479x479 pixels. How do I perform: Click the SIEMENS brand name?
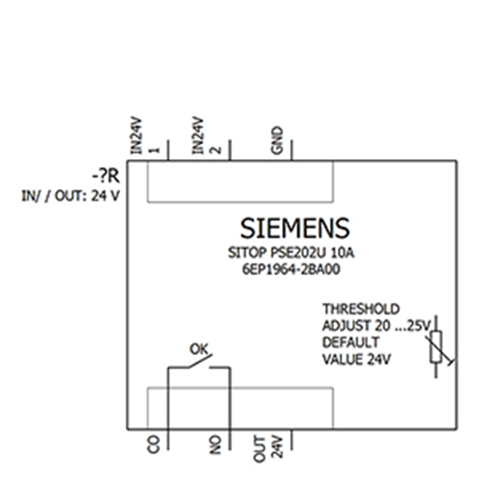[x=295, y=228]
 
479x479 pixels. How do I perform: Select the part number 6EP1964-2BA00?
[x=291, y=270]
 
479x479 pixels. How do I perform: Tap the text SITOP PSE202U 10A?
[x=291, y=253]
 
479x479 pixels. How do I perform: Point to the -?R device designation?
[x=106, y=176]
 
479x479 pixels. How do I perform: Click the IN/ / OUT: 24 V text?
[x=70, y=196]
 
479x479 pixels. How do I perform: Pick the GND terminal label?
[x=277, y=140]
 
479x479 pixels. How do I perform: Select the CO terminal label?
[x=153, y=444]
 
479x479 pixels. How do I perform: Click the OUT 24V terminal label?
[x=268, y=448]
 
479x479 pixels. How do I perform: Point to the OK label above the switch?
[x=199, y=349]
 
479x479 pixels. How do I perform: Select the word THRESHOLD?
[x=361, y=309]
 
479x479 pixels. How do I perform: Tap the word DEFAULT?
[x=351, y=342]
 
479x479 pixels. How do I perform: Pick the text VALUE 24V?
[x=356, y=359]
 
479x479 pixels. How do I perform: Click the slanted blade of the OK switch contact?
[x=200, y=361]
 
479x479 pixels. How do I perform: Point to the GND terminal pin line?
[x=292, y=150]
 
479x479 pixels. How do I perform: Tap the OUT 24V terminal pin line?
[x=292, y=439]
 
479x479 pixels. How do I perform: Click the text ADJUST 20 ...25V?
[x=377, y=326]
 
